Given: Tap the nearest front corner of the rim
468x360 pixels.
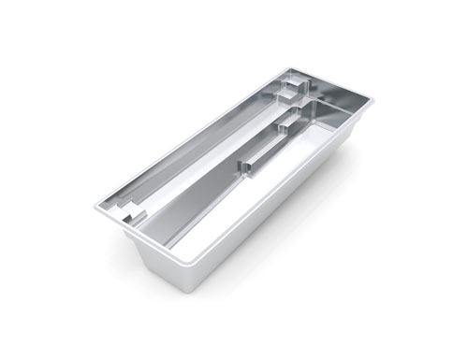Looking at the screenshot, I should coord(173,261).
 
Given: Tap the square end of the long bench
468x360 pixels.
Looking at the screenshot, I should coord(250,166).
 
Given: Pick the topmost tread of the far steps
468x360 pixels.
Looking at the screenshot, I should coord(290,82).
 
